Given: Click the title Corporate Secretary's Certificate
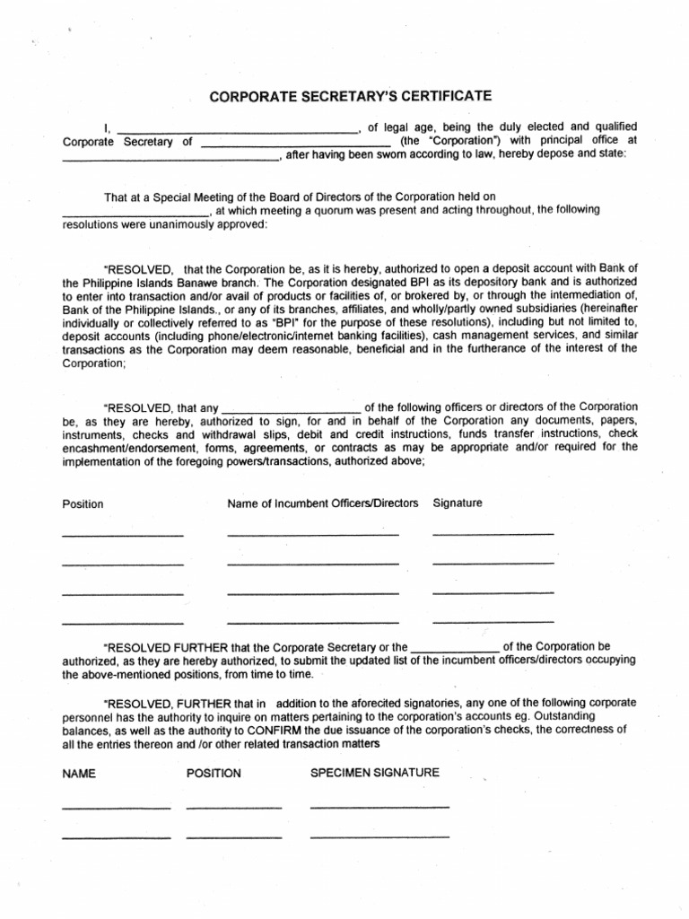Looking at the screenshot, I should click(351, 97).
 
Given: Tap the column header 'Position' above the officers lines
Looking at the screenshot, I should click(83, 504).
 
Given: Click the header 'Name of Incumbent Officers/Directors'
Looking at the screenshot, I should click(323, 503).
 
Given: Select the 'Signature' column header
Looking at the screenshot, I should click(458, 503).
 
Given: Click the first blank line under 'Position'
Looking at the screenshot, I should click(122, 535).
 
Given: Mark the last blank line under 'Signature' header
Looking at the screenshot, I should click(493, 621).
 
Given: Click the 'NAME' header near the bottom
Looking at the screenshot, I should click(79, 774).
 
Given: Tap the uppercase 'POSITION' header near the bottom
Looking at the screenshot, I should click(214, 774).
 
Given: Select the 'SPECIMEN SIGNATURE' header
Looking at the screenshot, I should click(374, 773).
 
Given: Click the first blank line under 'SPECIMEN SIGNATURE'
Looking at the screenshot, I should click(379, 808).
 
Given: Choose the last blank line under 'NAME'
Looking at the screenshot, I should click(116, 837).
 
